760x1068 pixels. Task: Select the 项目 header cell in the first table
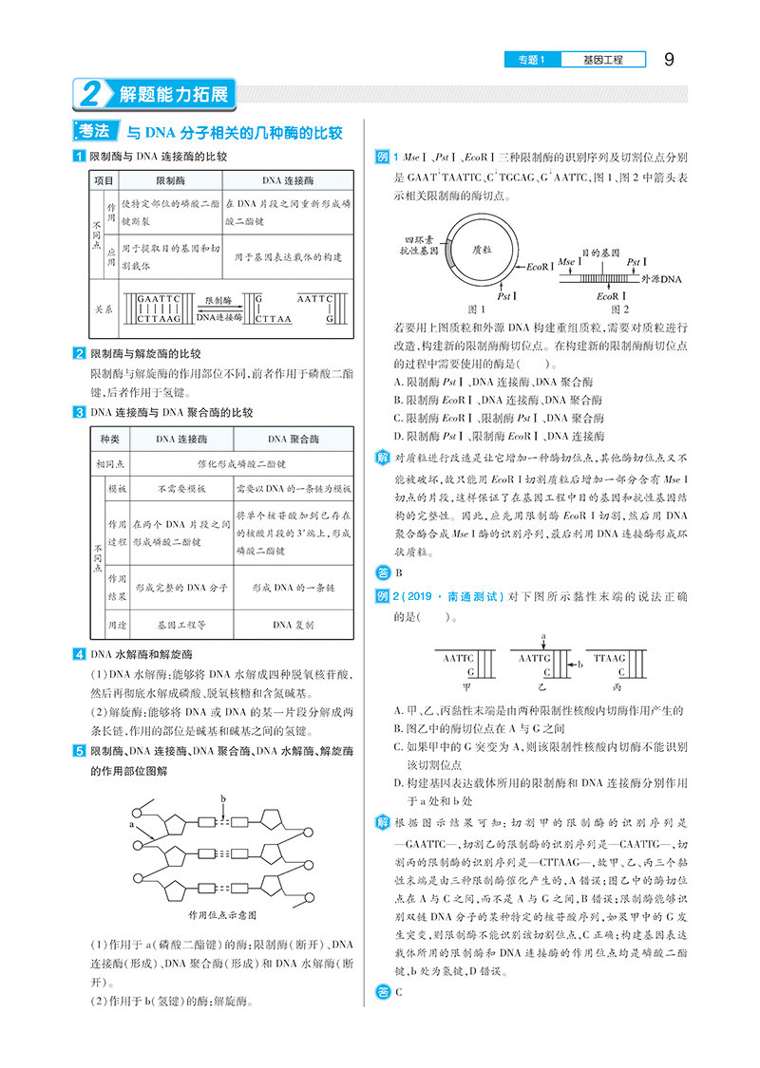103,179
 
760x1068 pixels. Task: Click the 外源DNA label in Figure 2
661,281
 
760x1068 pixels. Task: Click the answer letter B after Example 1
399,572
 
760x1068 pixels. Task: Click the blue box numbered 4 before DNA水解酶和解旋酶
79,654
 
